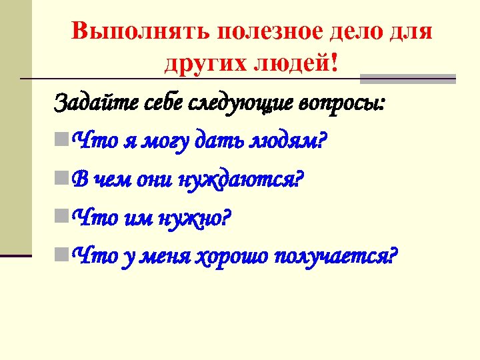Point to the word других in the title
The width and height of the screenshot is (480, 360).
pos(205,64)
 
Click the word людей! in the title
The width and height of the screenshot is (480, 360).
pos(298,64)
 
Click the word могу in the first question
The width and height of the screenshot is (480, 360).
pos(167,141)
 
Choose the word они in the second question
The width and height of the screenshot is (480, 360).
pos(154,179)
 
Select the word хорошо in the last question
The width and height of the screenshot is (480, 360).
pos(230,255)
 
